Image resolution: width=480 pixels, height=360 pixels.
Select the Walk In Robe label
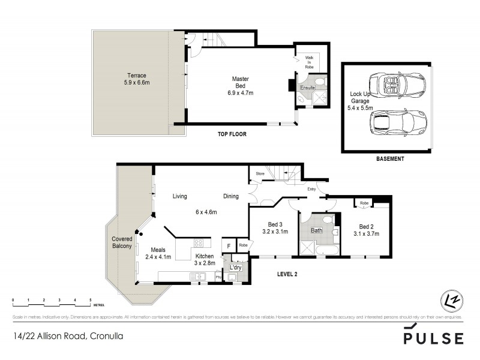309,62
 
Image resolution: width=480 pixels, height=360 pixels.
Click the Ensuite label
308,88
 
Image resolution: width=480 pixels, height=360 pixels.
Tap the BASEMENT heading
390,159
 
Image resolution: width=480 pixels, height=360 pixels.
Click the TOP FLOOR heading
232,134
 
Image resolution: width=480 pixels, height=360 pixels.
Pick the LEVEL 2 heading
288,274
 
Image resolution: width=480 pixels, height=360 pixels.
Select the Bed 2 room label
366,230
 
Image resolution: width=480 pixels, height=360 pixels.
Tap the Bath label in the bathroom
317,230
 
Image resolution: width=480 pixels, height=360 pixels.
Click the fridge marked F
227,245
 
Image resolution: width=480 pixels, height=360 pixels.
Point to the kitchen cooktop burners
199,243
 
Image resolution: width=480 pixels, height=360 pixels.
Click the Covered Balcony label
122,242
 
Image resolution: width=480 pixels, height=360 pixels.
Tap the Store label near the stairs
259,175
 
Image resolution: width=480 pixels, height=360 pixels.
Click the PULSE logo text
433,338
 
